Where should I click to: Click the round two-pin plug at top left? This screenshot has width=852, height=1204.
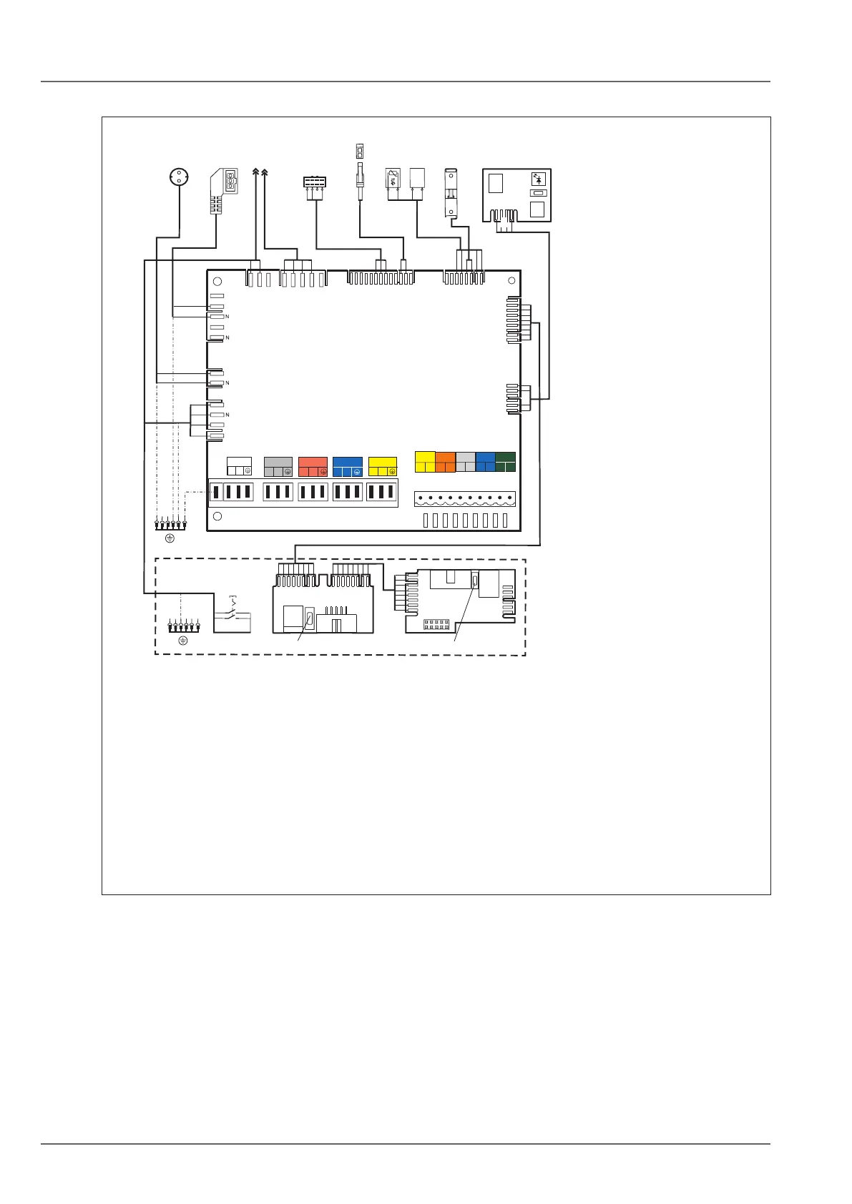point(179,176)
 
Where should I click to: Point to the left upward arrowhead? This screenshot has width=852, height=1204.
point(256,172)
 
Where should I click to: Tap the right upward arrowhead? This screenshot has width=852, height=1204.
point(265,172)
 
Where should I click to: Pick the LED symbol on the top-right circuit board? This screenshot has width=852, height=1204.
point(538,179)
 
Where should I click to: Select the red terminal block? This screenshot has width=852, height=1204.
point(313,467)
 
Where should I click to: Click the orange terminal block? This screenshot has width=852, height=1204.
point(446,462)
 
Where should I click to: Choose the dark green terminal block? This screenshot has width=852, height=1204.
point(505,462)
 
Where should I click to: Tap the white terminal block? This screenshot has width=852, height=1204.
point(239,466)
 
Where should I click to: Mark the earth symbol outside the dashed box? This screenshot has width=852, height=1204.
point(170,537)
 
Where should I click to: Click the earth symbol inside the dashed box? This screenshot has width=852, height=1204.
point(182,641)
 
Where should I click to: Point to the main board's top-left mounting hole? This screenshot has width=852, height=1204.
point(218,281)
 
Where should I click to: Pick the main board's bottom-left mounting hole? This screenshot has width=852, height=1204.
point(218,516)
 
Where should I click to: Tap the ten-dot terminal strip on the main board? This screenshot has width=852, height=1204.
point(464,498)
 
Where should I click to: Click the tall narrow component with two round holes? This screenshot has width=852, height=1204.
point(451,192)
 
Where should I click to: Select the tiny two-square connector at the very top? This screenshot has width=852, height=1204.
point(360,151)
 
